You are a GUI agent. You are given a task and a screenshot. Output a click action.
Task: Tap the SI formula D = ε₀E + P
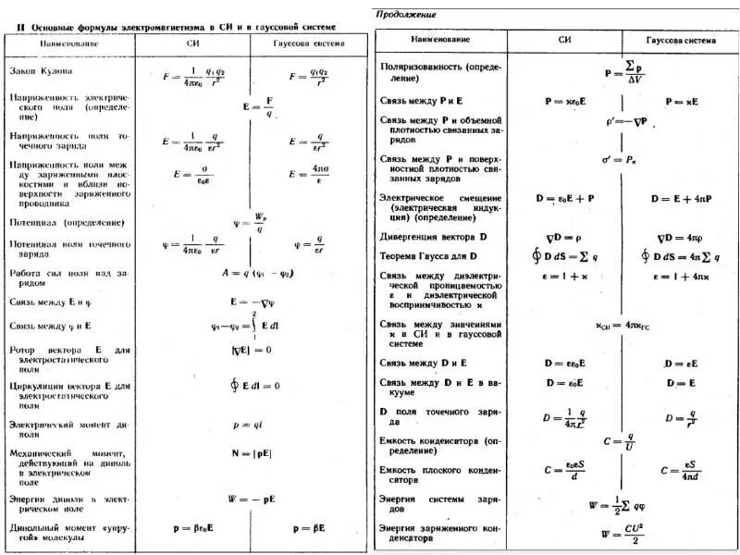click(565, 198)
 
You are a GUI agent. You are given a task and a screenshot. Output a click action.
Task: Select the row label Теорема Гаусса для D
click(428, 256)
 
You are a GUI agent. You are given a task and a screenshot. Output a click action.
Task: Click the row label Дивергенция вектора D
click(433, 238)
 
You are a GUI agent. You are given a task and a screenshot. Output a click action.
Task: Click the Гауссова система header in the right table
click(680, 39)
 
